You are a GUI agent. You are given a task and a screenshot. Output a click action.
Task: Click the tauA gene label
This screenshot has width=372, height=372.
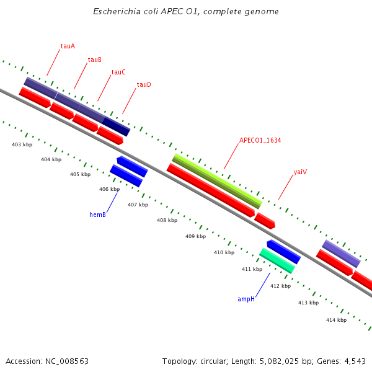pos(68,46)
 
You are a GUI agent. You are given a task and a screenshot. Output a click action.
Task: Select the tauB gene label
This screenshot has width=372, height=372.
pos(94,60)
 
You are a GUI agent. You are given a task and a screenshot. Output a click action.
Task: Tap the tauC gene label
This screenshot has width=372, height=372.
pos(118,72)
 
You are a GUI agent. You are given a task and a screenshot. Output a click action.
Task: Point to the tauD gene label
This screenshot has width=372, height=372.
pos(144,84)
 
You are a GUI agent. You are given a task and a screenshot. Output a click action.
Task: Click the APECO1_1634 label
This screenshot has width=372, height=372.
pos(260,141)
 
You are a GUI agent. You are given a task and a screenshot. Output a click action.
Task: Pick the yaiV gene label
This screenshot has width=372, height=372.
pos(301,172)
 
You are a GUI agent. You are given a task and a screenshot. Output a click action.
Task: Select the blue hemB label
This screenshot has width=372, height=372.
pos(97,215)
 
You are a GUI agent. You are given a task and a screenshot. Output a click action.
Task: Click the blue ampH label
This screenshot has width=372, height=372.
pos(246,299)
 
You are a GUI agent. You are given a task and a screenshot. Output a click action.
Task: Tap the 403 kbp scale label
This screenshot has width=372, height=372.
pos(22,144)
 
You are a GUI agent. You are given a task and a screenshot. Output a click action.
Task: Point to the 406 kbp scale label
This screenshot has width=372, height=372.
pos(109,189)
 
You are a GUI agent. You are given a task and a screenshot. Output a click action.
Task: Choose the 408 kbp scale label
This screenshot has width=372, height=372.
pos(167,220)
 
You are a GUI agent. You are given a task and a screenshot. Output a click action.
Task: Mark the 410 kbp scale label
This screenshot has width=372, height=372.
pos(224,252)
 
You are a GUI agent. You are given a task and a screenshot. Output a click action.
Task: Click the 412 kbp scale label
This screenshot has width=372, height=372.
pos(280,286)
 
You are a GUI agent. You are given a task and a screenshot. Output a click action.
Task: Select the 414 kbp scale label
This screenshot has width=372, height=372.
pos(336,320)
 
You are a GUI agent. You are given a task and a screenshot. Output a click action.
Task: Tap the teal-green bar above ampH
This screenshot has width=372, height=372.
pos(277,260)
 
